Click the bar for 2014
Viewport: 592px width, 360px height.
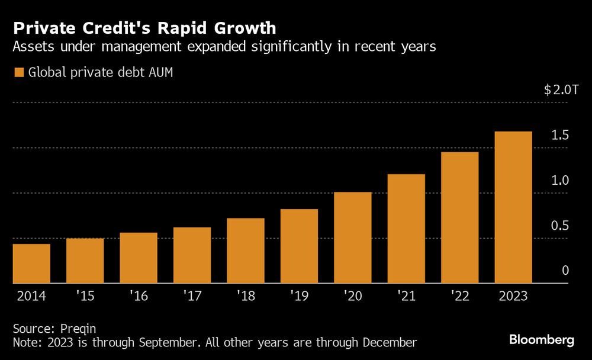[31, 263]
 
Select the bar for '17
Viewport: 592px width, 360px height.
[192, 255]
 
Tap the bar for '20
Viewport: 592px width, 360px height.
[352, 237]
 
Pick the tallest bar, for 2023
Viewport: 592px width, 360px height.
[513, 207]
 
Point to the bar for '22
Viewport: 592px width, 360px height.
[459, 217]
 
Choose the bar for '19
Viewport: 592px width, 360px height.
[299, 246]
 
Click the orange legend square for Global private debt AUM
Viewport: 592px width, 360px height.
[18, 72]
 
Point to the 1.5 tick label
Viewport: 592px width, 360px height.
[560, 135]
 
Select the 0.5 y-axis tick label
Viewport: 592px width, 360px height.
[560, 226]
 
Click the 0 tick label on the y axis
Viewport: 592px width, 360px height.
[565, 271]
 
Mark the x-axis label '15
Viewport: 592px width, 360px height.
[85, 295]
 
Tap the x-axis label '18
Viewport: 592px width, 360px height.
[245, 295]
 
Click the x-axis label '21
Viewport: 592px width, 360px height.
[406, 295]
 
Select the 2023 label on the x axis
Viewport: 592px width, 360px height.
[513, 295]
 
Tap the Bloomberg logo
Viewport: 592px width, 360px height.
[542, 340]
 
